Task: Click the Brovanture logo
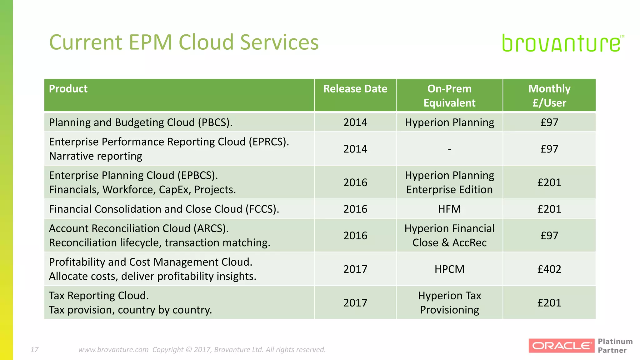[562, 43]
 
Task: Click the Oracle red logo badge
[561, 346]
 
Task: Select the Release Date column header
[355, 89]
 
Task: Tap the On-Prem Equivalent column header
[449, 96]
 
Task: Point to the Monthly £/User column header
[549, 96]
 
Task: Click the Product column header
[68, 89]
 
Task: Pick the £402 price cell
[549, 269]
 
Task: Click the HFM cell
[449, 209]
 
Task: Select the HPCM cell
[449, 269]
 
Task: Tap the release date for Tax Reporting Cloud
[355, 302]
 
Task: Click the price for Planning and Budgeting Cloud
[549, 122]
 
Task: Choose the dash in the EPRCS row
[449, 149]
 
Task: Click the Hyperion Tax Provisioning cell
[449, 302]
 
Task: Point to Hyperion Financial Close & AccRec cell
[449, 235]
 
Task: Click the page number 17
[34, 349]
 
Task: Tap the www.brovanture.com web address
[113, 349]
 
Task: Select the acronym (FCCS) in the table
[262, 209]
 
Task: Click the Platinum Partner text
[615, 346]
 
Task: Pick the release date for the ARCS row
[355, 235]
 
